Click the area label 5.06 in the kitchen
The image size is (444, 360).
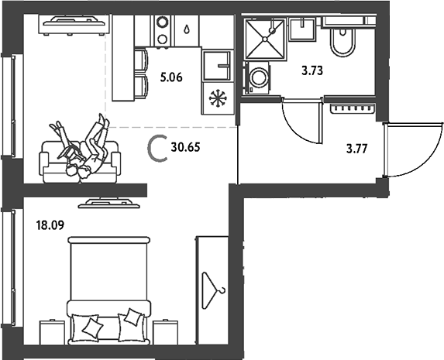171,77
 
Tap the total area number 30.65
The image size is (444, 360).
185,147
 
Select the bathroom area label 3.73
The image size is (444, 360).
312,70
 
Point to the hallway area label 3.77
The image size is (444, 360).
356,149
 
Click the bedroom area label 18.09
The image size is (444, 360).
50,225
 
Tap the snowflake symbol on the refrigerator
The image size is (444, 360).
218,98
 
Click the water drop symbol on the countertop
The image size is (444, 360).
186,29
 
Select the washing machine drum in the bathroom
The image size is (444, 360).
258,77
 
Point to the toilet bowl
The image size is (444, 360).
342,42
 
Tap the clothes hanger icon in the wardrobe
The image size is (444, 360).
213,290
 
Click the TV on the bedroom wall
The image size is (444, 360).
109,203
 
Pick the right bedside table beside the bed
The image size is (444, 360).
165,331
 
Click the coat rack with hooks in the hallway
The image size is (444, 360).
353,108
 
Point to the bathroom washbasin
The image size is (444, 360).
302,29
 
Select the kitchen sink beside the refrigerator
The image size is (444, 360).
218,66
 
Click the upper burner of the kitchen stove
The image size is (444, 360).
163,22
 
